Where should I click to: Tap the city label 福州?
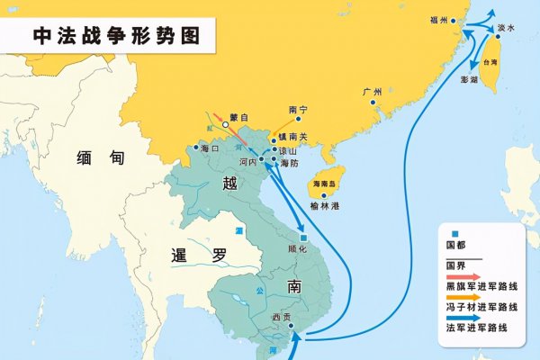(438, 18)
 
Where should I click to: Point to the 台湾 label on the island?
(490, 64)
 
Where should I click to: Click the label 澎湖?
(469, 80)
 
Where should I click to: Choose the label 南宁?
(298, 110)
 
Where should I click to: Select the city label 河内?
(248, 163)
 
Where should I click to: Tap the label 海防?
(289, 163)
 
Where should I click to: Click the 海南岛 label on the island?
(323, 184)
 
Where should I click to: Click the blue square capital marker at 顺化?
(304, 236)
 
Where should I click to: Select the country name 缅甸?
(93, 157)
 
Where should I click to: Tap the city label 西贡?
(281, 317)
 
